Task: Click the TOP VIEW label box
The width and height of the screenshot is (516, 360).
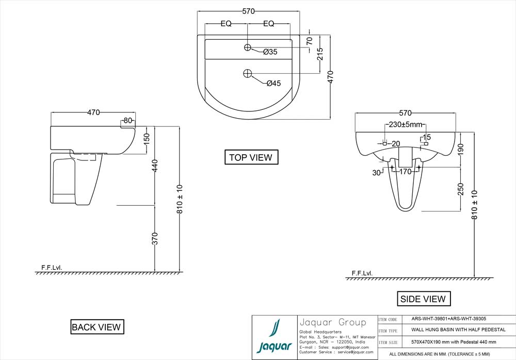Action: pyautogui.click(x=251, y=157)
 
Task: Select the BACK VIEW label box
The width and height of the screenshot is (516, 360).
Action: pyautogui.click(x=96, y=326)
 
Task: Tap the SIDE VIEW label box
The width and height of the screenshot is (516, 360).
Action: pyautogui.click(x=423, y=299)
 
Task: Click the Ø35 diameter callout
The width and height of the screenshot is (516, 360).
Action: pyautogui.click(x=270, y=52)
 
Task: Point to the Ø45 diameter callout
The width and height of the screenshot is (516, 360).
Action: pyautogui.click(x=273, y=84)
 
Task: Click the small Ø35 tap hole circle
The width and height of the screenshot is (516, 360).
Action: pyautogui.click(x=248, y=47)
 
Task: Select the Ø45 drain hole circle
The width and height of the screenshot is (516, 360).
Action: pyautogui.click(x=247, y=73)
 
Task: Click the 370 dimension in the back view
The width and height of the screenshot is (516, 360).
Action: pyautogui.click(x=155, y=238)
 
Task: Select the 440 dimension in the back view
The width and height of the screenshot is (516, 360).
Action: pyautogui.click(x=155, y=166)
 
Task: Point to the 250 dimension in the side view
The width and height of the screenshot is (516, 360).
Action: pyautogui.click(x=461, y=189)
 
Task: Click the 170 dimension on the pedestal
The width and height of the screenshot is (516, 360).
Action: pyautogui.click(x=405, y=172)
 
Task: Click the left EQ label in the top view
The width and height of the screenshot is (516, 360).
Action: pyautogui.click(x=226, y=24)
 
